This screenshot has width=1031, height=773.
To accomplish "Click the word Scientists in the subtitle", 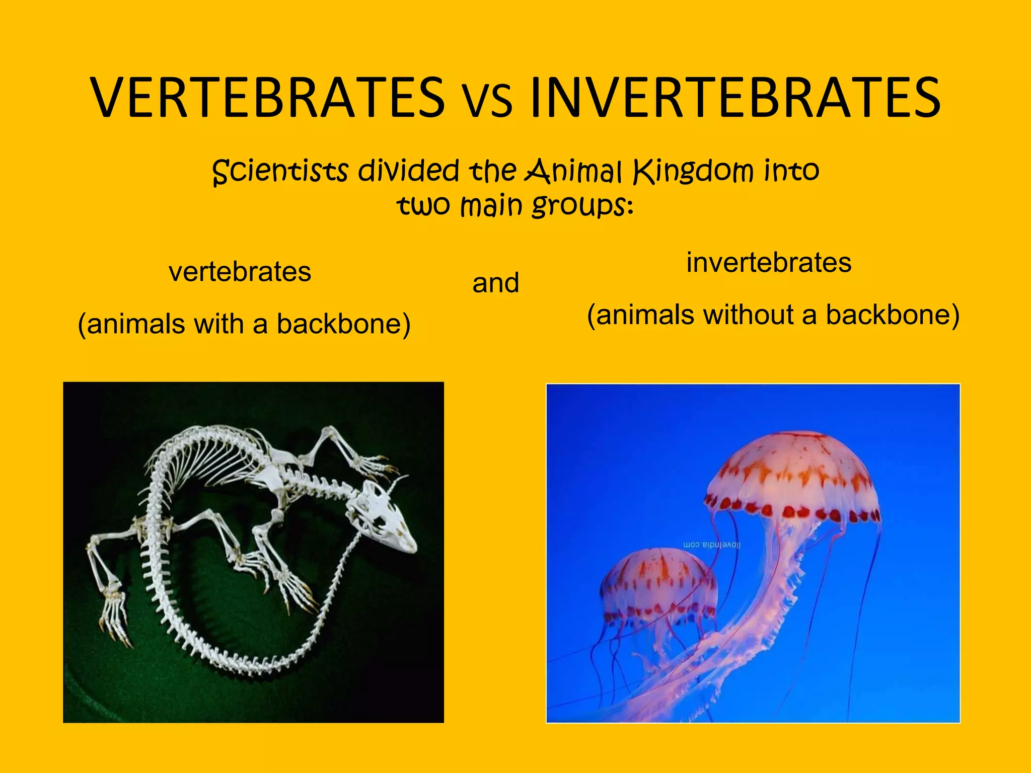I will [x=280, y=171].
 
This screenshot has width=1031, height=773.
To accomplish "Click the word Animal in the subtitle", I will [x=573, y=171].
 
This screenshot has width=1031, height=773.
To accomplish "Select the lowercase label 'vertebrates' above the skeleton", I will [x=240, y=272].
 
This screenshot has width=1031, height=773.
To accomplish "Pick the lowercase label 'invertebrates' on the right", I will [x=769, y=263].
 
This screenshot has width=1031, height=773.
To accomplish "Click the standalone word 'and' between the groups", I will [x=495, y=283].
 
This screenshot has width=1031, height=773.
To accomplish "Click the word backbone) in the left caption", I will [x=343, y=324].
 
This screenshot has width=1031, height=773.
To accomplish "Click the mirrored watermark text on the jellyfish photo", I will [x=711, y=545].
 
